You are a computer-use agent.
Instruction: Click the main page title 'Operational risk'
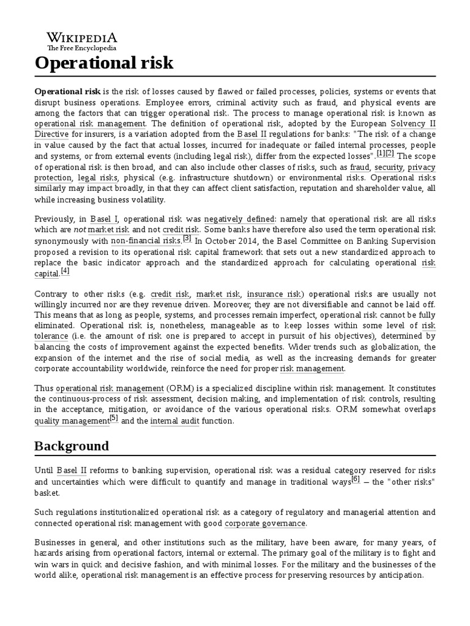(x=104, y=63)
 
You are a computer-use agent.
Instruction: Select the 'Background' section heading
(x=72, y=446)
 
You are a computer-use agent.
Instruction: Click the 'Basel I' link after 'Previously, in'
(x=101, y=218)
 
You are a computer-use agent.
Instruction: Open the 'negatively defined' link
(x=240, y=218)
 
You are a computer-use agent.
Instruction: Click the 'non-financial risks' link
(x=146, y=241)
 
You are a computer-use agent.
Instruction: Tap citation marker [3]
(x=187, y=238)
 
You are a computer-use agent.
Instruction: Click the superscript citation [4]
(x=65, y=271)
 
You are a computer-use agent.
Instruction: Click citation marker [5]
(x=113, y=418)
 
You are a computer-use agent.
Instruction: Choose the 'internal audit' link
(x=174, y=421)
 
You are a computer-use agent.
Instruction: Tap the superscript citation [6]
(x=356, y=480)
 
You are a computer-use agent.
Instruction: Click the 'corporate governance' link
(x=264, y=523)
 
